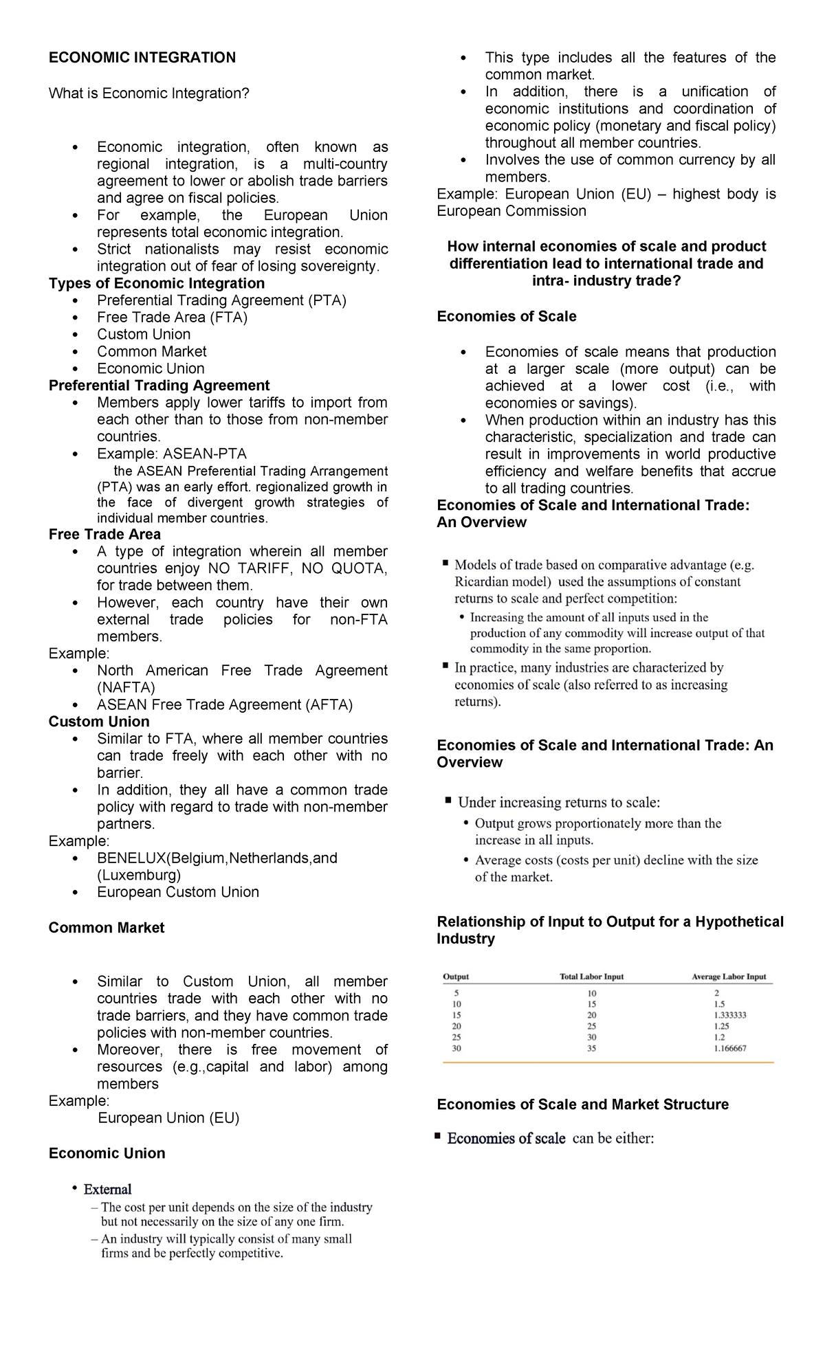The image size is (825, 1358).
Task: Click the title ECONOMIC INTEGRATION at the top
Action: tap(142, 58)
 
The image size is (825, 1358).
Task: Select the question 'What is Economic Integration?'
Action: tap(148, 93)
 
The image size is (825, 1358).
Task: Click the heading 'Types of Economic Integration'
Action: tap(156, 283)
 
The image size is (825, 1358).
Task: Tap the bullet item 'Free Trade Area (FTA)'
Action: tap(172, 318)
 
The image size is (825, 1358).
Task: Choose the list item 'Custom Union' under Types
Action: tap(144, 335)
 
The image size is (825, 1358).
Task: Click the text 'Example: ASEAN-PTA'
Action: tap(171, 454)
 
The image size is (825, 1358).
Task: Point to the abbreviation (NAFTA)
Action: tap(126, 688)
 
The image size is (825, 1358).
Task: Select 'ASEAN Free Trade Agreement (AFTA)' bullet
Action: tap(224, 705)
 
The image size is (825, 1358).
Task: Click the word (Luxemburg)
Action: tap(139, 876)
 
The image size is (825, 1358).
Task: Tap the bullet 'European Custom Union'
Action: tap(177, 893)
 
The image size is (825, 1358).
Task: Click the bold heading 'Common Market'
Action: tap(107, 928)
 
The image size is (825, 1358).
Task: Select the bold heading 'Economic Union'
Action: tap(107, 1154)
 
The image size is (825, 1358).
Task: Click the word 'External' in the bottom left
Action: tap(107, 1190)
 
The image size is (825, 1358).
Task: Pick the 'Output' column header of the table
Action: tap(456, 977)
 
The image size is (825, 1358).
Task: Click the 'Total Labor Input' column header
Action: tap(591, 977)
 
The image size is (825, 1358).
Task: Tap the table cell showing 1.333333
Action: tap(729, 1015)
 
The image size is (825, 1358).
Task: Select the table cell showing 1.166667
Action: tap(729, 1049)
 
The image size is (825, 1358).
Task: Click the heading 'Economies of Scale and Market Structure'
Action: tap(582, 1104)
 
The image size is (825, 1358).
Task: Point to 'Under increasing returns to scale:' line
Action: tap(558, 803)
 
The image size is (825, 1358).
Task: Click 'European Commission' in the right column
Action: tap(511, 212)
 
